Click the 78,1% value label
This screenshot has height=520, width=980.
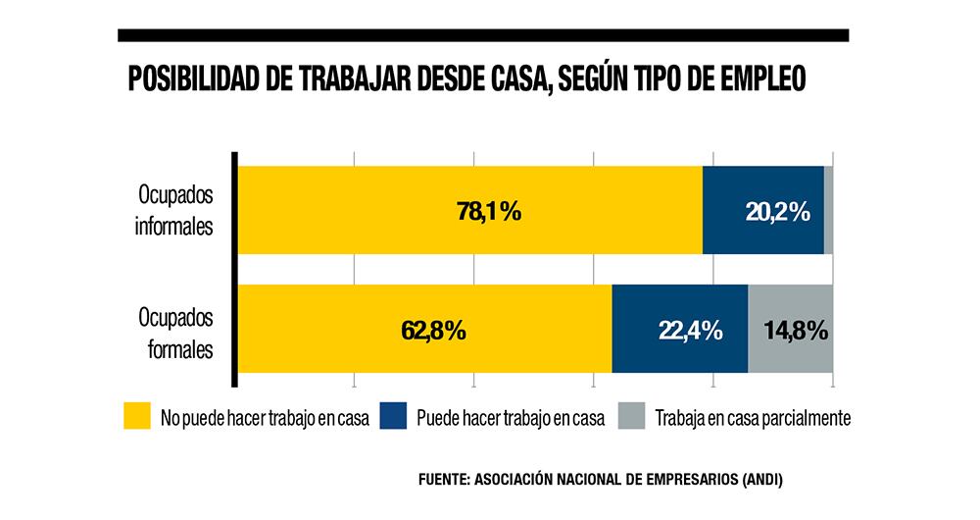[x=488, y=211]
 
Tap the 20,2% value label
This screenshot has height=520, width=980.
[x=777, y=211]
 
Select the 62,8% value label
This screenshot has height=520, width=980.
[x=432, y=330]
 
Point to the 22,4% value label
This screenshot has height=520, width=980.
[x=690, y=330]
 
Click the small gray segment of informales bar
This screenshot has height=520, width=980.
[x=828, y=210]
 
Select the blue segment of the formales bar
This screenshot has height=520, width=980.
[x=679, y=353]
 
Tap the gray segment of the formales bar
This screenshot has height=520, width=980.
[x=790, y=355]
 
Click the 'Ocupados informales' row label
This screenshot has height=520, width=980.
[x=174, y=208]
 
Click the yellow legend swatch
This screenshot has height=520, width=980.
[x=136, y=417]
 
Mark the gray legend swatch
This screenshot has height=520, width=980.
[x=631, y=417]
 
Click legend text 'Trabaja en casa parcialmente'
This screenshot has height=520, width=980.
[x=752, y=418]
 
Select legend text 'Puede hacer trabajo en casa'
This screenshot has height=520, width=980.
[x=510, y=418]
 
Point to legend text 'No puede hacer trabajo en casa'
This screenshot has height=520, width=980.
[x=265, y=418]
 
